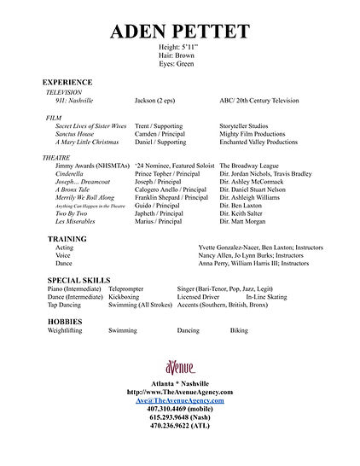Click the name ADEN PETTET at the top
tap(179, 32)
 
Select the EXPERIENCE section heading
tap(67, 82)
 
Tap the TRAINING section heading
tap(67, 239)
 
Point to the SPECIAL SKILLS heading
tap(82, 280)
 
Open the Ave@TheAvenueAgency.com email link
tap(179, 400)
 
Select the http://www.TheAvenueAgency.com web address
tap(179, 393)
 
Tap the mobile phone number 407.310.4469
tap(179, 408)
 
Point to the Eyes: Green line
tap(179, 63)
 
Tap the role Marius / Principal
tap(159, 221)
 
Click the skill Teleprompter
tap(126, 289)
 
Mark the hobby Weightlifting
tap(69, 329)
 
